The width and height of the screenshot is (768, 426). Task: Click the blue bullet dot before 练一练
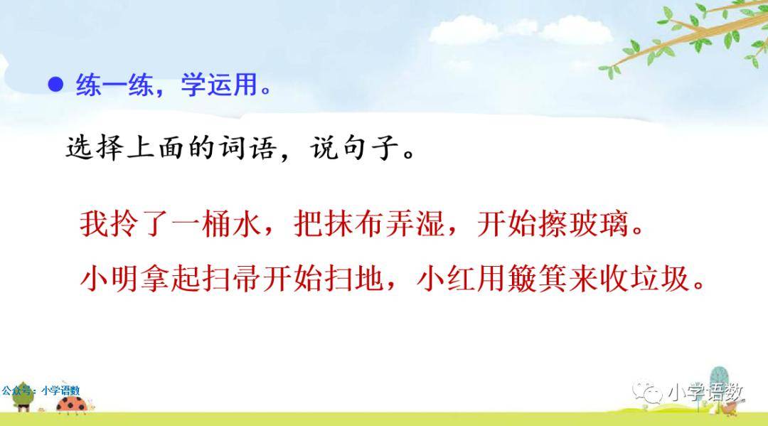(55, 85)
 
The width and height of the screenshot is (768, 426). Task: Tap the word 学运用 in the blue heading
(219, 85)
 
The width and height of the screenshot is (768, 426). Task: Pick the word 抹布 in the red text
(338, 224)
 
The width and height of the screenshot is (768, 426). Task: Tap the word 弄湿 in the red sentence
(415, 224)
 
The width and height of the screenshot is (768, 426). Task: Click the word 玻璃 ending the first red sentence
(598, 224)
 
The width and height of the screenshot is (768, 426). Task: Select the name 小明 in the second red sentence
(110, 279)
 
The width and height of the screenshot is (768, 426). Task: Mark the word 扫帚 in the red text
(232, 279)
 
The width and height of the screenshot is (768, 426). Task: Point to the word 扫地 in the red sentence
(353, 279)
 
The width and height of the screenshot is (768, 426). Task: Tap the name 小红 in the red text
(446, 279)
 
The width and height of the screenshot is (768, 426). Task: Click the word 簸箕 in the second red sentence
(538, 279)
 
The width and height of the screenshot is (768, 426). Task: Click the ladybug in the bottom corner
(73, 405)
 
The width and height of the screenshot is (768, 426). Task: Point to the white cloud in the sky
(520, 31)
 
